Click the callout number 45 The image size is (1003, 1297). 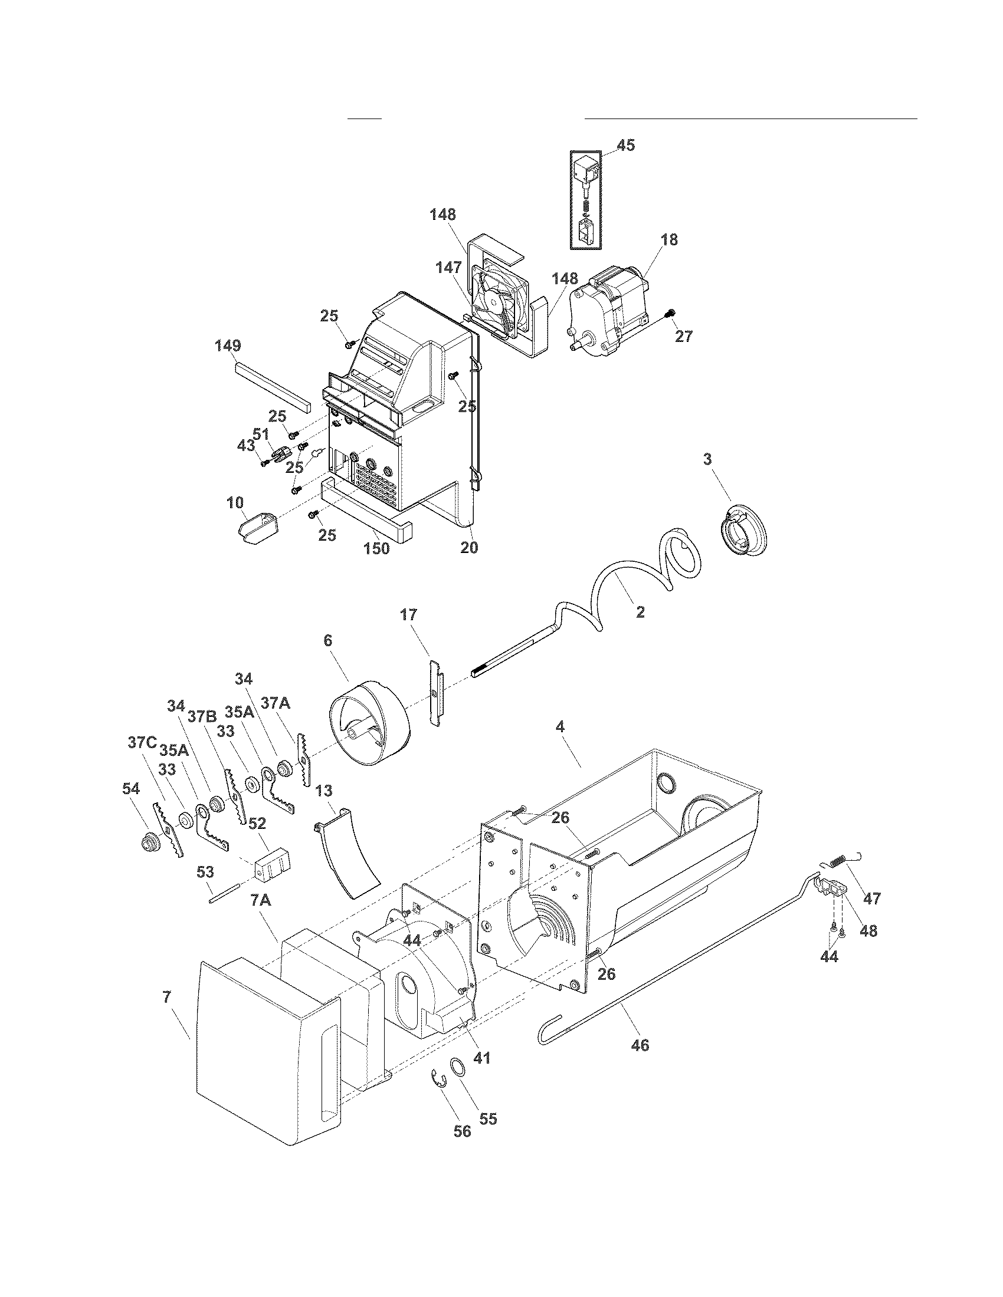[625, 145]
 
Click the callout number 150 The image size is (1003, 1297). [376, 548]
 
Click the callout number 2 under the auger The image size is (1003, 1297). [640, 613]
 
